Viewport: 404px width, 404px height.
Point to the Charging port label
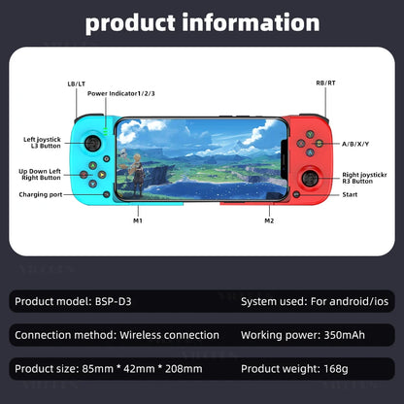tap(41, 194)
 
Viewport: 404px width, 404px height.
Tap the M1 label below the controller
tap(138, 221)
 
